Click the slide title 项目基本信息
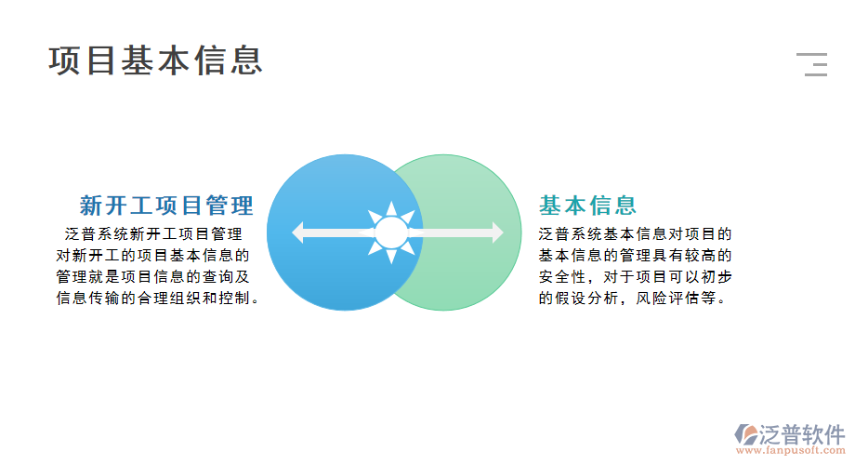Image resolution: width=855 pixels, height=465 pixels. tap(156, 60)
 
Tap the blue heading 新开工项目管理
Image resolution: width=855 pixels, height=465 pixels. tap(166, 206)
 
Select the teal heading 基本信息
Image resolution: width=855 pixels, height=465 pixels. tap(587, 206)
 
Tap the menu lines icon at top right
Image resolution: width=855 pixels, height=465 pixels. tap(812, 64)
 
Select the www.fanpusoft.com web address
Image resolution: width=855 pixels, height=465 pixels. tap(789, 452)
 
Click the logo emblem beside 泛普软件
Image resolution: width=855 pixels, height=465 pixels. tap(745, 434)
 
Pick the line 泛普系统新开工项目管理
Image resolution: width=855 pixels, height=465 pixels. tap(153, 233)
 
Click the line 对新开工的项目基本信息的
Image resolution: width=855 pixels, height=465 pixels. tap(153, 255)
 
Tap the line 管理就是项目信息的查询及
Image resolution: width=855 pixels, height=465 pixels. tap(153, 276)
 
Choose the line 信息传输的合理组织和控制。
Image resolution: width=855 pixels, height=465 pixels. tap(157, 299)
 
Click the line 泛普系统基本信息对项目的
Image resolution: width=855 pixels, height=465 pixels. tap(635, 233)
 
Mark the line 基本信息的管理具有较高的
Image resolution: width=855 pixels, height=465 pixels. tap(635, 255)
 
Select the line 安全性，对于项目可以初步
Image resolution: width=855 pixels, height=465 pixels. tap(635, 276)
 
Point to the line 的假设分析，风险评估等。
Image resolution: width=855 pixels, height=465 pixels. tap(632, 299)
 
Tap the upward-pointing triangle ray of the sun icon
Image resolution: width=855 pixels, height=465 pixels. tap(391, 208)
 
